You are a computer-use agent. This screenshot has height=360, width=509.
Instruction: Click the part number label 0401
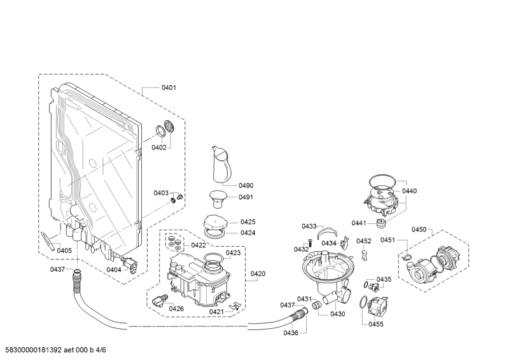[x=169, y=87]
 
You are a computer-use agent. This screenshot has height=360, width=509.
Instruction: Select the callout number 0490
[x=246, y=185]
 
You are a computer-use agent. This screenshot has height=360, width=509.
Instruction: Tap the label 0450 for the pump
[x=419, y=230]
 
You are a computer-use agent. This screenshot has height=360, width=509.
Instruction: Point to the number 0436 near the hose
[x=291, y=333]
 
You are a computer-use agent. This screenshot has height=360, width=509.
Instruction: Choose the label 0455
[x=376, y=324]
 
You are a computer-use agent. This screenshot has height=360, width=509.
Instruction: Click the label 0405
[x=64, y=250]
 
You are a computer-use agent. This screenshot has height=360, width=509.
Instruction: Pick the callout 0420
[x=258, y=273]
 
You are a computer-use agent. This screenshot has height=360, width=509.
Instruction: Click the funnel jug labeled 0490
[x=221, y=164]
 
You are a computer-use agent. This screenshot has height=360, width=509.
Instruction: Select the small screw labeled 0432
[x=309, y=242]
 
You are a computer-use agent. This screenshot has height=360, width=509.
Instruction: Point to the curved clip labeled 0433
[x=327, y=232]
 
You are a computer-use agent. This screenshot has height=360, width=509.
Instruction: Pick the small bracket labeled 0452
[x=365, y=254]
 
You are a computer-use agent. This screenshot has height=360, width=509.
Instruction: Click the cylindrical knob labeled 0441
[x=380, y=223]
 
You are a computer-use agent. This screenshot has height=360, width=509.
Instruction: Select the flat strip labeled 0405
[x=47, y=240]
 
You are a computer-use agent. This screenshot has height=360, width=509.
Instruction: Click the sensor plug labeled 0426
[x=160, y=300]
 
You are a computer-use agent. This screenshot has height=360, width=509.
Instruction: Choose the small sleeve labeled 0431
[x=317, y=305]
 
